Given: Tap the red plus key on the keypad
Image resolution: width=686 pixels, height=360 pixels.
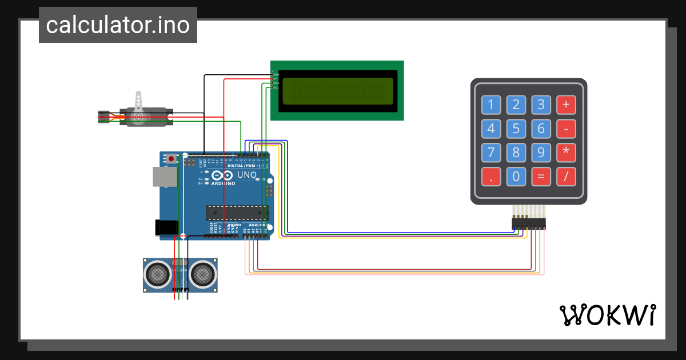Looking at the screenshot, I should (566, 105).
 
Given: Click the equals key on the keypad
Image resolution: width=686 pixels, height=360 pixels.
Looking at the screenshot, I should (541, 177).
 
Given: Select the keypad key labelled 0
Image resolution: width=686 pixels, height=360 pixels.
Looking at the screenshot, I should (516, 177).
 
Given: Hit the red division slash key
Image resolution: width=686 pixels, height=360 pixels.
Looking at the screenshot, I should (566, 177).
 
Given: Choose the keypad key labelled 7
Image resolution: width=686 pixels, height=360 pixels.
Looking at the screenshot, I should (490, 153).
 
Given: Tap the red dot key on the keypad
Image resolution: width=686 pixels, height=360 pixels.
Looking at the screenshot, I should (490, 177).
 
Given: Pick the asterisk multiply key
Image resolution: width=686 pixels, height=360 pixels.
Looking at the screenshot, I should (566, 153).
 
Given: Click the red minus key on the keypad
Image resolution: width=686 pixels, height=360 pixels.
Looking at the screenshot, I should (566, 129).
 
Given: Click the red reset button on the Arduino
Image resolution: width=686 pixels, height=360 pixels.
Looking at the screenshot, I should (170, 158).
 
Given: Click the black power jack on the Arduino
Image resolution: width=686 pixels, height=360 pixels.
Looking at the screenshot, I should (166, 227).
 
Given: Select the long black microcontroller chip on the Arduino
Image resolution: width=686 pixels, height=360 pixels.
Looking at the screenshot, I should (237, 213).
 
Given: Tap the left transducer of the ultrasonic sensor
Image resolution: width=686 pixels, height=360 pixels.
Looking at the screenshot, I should (157, 274).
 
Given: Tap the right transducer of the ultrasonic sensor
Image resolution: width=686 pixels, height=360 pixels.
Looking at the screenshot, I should (203, 274).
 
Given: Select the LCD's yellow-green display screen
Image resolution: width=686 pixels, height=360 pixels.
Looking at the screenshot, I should (337, 91).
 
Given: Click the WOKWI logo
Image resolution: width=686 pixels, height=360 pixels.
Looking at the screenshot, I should (607, 315).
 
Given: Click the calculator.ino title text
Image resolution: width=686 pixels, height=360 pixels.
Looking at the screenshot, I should (118, 25).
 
